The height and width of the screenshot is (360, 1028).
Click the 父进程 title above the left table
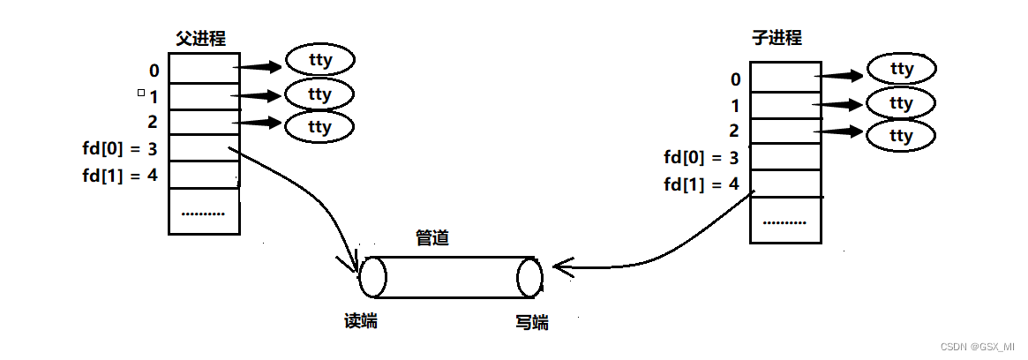[201, 39]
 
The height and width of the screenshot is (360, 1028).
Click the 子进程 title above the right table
[777, 38]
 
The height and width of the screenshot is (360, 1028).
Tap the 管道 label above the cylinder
[431, 238]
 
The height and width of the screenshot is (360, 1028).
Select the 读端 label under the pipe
[360, 321]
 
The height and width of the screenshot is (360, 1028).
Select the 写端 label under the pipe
[531, 323]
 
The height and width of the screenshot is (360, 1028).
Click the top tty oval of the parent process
[319, 61]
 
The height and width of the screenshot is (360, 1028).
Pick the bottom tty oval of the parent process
[319, 127]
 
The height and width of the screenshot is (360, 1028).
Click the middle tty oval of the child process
[901, 104]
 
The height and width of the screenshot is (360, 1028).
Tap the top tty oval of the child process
[901, 69]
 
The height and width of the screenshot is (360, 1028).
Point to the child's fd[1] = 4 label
[701, 184]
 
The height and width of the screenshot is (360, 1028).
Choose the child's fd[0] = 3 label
[701, 158]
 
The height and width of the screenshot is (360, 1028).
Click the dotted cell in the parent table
[204, 212]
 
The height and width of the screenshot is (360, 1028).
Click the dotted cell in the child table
[785, 221]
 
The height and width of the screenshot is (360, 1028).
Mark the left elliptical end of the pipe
[372, 277]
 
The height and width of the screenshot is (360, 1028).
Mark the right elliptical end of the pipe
[529, 277]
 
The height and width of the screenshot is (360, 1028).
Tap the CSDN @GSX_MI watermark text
[976, 348]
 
